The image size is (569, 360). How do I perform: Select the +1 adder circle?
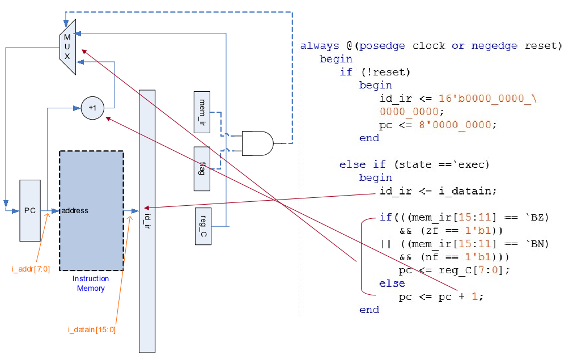92,108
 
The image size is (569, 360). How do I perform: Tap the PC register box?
30,210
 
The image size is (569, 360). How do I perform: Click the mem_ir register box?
202,112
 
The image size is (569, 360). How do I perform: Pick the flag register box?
202,168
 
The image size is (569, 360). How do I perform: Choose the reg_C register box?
203,226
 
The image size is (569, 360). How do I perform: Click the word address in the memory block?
75,211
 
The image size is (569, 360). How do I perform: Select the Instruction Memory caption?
91,283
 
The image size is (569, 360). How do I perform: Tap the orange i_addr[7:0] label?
31,269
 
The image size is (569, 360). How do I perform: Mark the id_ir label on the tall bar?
147,216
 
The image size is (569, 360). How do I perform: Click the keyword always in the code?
319,46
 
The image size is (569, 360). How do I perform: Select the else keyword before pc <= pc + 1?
392,283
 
